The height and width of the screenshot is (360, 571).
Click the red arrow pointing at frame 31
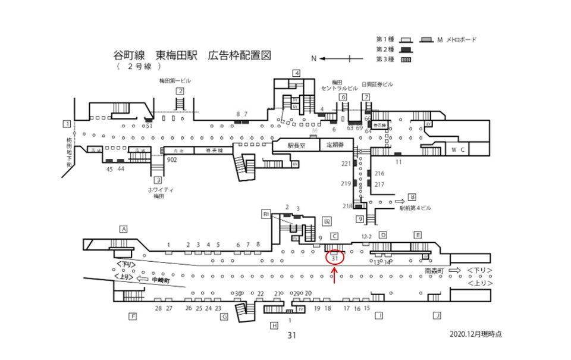click(335, 276)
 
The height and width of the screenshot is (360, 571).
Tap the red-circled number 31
click(334, 258)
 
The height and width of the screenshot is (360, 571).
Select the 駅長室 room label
click(296, 145)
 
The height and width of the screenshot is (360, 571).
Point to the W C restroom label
click(458, 148)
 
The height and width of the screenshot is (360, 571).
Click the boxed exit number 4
click(296, 73)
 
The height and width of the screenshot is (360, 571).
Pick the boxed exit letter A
click(124, 228)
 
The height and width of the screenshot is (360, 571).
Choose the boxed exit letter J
click(437, 315)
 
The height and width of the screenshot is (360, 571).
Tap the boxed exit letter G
click(224, 317)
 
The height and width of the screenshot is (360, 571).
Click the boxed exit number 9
click(360, 219)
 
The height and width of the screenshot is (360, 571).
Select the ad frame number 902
click(172, 160)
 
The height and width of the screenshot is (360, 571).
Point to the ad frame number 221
click(346, 164)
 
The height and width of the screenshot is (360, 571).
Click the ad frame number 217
click(379, 184)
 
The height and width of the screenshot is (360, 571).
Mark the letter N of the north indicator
click(313, 59)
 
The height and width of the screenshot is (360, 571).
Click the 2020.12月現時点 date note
click(476, 334)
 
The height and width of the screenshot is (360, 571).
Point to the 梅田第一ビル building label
click(179, 80)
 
